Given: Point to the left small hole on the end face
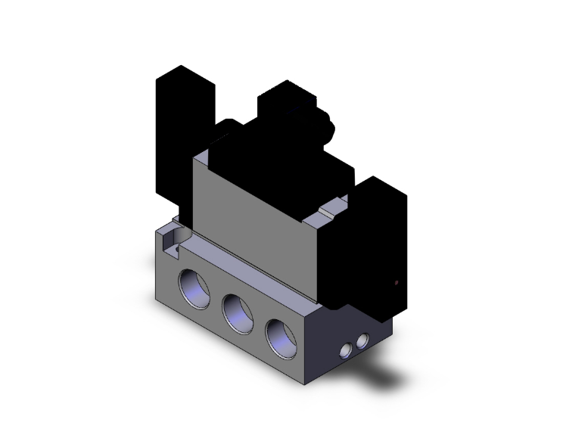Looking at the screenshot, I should click(347, 350).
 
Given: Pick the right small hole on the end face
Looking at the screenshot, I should click(366, 340).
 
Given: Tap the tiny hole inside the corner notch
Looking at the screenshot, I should click(175, 244).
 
